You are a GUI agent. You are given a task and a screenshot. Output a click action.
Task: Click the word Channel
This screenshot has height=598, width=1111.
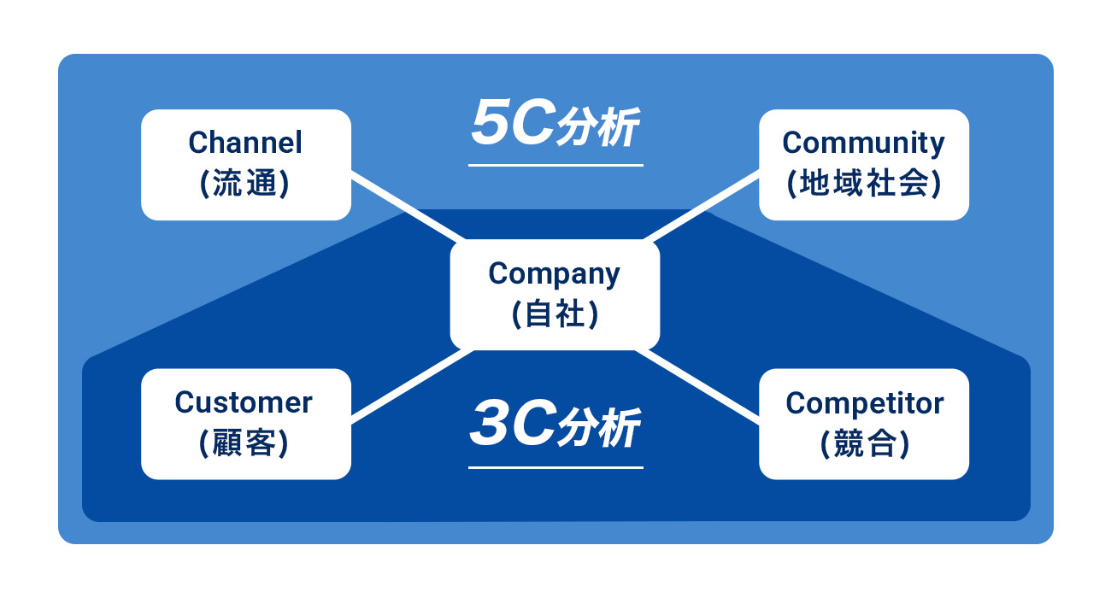245,143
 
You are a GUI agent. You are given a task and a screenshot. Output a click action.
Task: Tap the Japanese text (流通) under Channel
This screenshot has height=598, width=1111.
245,184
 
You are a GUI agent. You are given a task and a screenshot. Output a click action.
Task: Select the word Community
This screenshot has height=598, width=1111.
863,143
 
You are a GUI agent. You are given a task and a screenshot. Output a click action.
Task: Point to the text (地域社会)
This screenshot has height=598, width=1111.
863,184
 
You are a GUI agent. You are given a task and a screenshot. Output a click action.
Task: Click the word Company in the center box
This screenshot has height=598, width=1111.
554,274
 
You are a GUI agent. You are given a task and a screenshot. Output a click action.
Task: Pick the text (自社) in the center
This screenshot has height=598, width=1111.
554,315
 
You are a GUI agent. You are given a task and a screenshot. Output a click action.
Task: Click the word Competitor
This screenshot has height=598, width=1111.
864,402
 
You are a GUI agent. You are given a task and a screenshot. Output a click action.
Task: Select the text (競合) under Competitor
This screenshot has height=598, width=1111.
864,443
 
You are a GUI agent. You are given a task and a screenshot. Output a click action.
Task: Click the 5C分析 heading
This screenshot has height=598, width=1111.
555,126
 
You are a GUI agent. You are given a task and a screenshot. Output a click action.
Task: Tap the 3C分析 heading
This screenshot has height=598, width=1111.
555,427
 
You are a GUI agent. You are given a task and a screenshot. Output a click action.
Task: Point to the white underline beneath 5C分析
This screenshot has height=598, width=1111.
555,165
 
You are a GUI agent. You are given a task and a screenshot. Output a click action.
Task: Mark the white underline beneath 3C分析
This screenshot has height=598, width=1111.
555,467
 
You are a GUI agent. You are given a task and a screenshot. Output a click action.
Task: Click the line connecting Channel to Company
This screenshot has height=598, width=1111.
407,207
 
